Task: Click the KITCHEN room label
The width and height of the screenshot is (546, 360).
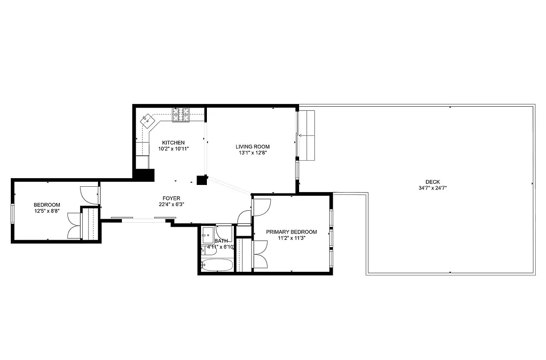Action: [173, 143]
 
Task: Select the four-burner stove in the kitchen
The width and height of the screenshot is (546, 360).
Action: [181, 115]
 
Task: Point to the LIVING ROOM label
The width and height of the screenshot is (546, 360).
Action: [252, 147]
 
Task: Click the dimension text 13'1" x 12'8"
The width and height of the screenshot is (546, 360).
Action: [252, 153]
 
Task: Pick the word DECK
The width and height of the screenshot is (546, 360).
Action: [432, 182]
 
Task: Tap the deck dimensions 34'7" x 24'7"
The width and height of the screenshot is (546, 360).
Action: [432, 188]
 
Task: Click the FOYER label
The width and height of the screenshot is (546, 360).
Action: [171, 198]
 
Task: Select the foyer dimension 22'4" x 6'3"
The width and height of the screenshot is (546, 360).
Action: [171, 204]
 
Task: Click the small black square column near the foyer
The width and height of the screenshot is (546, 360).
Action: [201, 180]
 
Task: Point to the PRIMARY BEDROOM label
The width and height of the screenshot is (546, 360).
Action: [291, 232]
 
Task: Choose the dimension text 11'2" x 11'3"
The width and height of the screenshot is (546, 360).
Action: [291, 238]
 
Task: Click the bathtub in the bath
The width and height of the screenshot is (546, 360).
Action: [217, 265]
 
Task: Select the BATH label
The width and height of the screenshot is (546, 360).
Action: [221, 241]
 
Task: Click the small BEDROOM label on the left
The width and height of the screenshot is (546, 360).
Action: [46, 205]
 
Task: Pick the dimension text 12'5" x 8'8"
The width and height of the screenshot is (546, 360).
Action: [46, 211]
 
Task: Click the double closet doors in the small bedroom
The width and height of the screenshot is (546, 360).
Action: [74, 225]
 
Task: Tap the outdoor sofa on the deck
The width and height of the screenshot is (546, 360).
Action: [307, 135]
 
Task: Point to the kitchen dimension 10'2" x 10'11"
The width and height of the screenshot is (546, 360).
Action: [173, 148]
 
